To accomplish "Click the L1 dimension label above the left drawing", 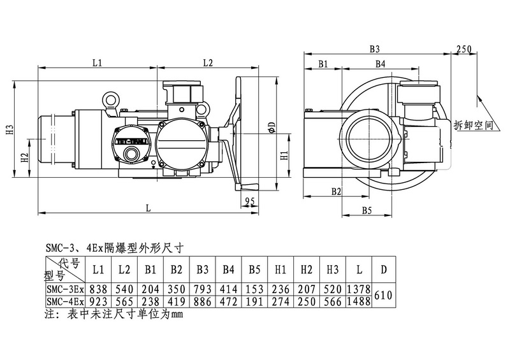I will tap(97, 62).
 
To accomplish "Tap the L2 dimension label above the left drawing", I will tap(207, 62).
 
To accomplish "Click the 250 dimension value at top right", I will tap(463, 50).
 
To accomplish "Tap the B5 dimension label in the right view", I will tap(367, 210).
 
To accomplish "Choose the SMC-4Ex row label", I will tap(64, 301).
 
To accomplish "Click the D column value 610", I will tap(383, 294).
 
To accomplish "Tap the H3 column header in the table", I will tap(331, 269).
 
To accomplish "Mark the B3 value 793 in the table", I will tap(202, 289).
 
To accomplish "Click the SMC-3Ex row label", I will tap(64, 289).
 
